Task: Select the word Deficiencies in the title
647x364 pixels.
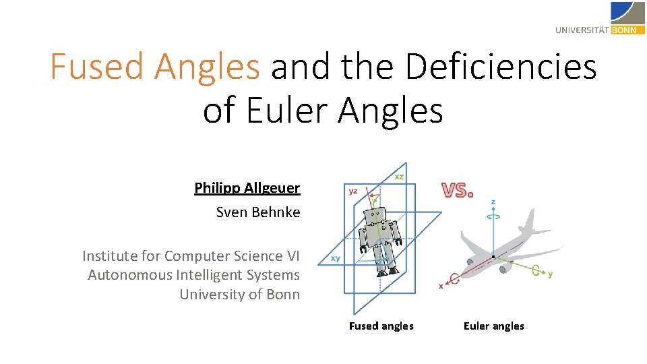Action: [501, 67]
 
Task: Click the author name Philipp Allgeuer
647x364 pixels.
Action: [247, 188]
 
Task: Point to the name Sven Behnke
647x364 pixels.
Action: [257, 212]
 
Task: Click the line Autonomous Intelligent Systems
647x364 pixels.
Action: [193, 275]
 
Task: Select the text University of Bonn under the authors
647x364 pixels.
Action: [239, 295]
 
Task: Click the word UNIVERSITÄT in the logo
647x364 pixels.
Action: [582, 30]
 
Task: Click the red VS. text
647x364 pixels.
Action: [457, 191]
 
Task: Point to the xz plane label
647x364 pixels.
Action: [399, 177]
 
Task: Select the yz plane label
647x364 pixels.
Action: [353, 191]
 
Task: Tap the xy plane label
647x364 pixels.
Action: [334, 259]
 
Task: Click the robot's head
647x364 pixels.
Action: [375, 216]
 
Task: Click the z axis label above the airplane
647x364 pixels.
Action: [493, 202]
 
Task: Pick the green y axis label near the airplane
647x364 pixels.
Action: [550, 274]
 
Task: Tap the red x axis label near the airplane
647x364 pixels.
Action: [441, 286]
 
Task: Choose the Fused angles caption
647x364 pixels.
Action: [381, 326]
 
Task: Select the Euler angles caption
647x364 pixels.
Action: [493, 326]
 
